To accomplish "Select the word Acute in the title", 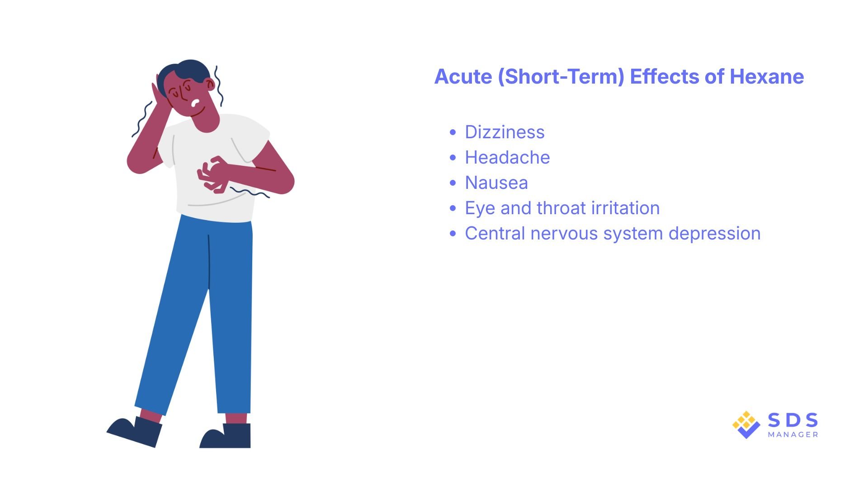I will tap(463, 77).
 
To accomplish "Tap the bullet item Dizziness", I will tap(505, 132).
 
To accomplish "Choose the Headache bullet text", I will tap(507, 158).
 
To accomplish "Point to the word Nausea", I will tap(496, 183).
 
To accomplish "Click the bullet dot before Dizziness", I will tap(453, 132).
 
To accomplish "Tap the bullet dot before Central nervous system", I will tap(453, 234).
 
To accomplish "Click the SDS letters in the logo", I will tap(793, 420).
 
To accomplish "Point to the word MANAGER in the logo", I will tap(793, 435).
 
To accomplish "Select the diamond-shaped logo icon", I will tap(746, 425).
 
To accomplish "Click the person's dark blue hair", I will tap(190, 70).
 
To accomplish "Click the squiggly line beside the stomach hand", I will tap(250, 192).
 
